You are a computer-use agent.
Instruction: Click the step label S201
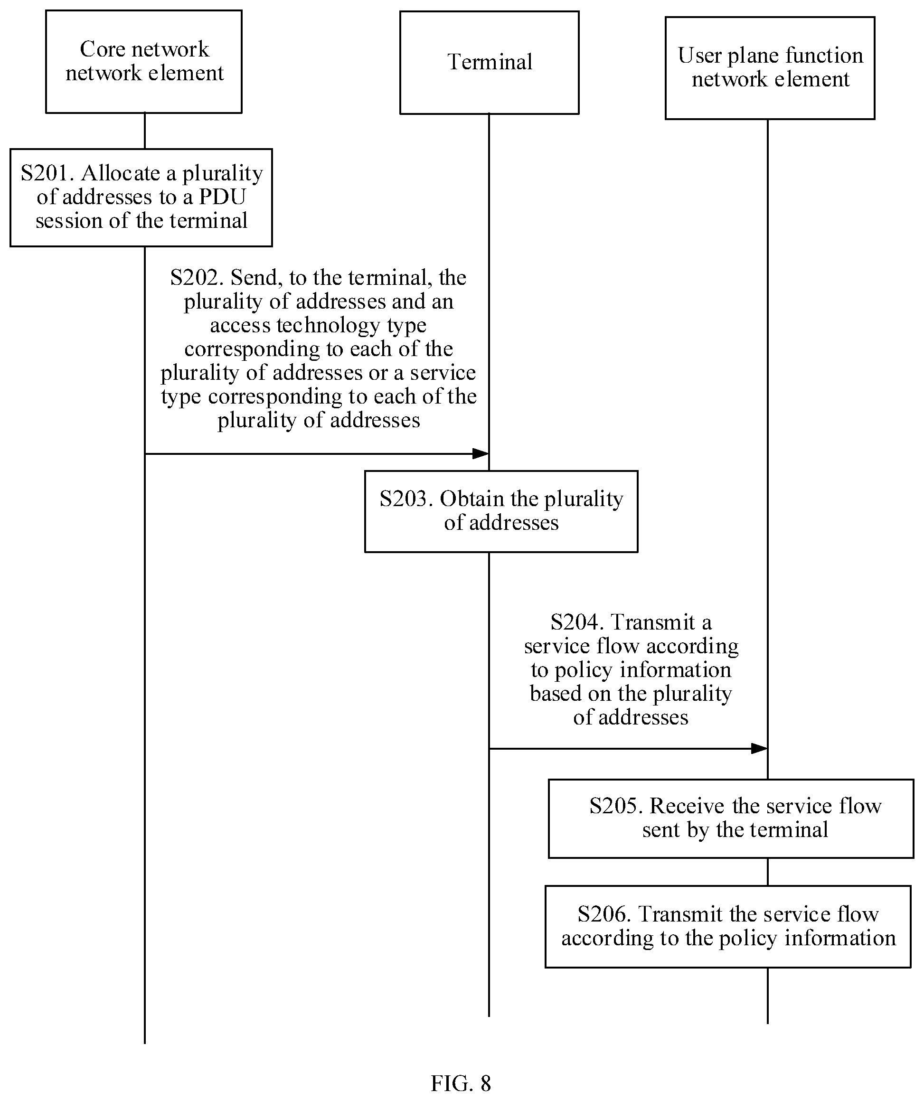(x=47, y=173)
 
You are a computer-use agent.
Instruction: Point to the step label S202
(x=197, y=277)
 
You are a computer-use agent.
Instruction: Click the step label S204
(x=577, y=622)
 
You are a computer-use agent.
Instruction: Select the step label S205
(x=616, y=806)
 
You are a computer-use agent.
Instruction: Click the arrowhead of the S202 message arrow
(x=481, y=453)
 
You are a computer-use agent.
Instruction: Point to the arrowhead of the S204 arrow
(x=759, y=749)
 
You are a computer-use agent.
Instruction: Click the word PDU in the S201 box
(x=223, y=197)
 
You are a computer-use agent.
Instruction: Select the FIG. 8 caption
(x=461, y=1083)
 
